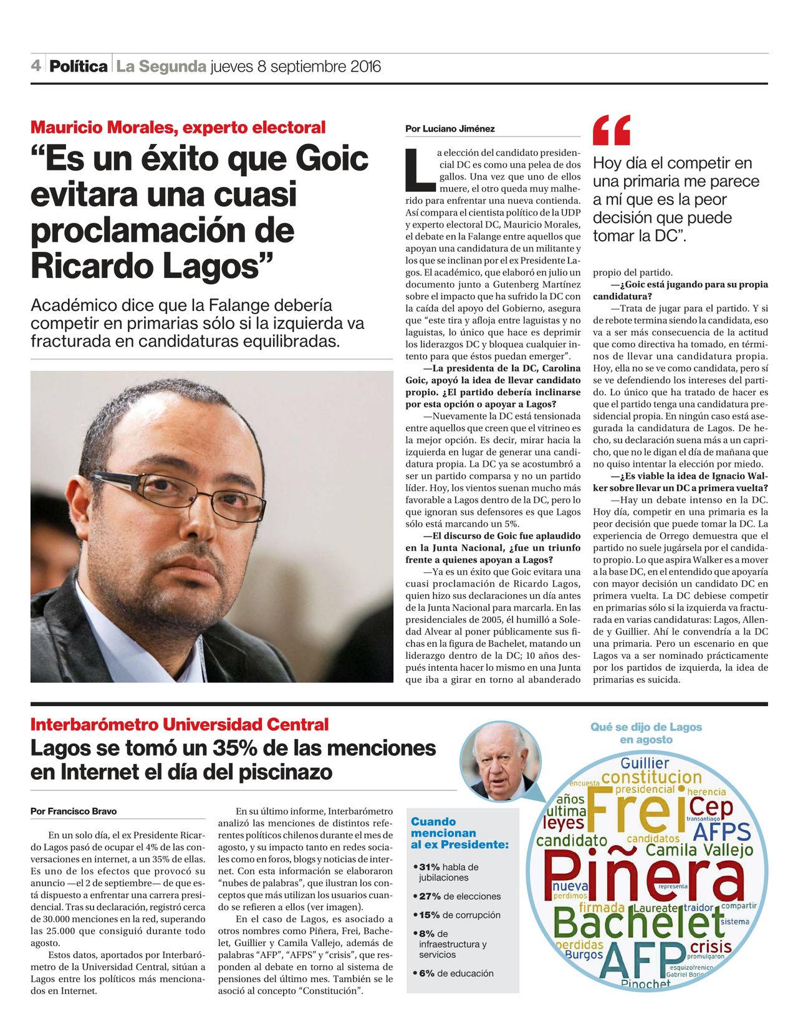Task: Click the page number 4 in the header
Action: [x=36, y=65]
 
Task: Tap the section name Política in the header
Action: [x=79, y=66]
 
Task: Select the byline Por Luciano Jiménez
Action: [x=449, y=129]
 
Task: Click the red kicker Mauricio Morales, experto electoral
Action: [x=178, y=128]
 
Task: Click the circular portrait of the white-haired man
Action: [x=499, y=762]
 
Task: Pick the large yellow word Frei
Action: [x=635, y=811]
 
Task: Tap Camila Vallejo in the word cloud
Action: [x=699, y=850]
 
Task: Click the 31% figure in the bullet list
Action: [x=430, y=867]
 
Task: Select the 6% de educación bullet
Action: [x=453, y=973]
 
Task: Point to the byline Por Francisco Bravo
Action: [x=74, y=811]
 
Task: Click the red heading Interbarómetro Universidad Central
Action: [x=180, y=725]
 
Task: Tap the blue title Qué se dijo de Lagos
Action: [x=646, y=727]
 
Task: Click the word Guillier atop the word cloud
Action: [x=645, y=763]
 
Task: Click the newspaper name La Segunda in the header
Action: [x=161, y=66]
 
